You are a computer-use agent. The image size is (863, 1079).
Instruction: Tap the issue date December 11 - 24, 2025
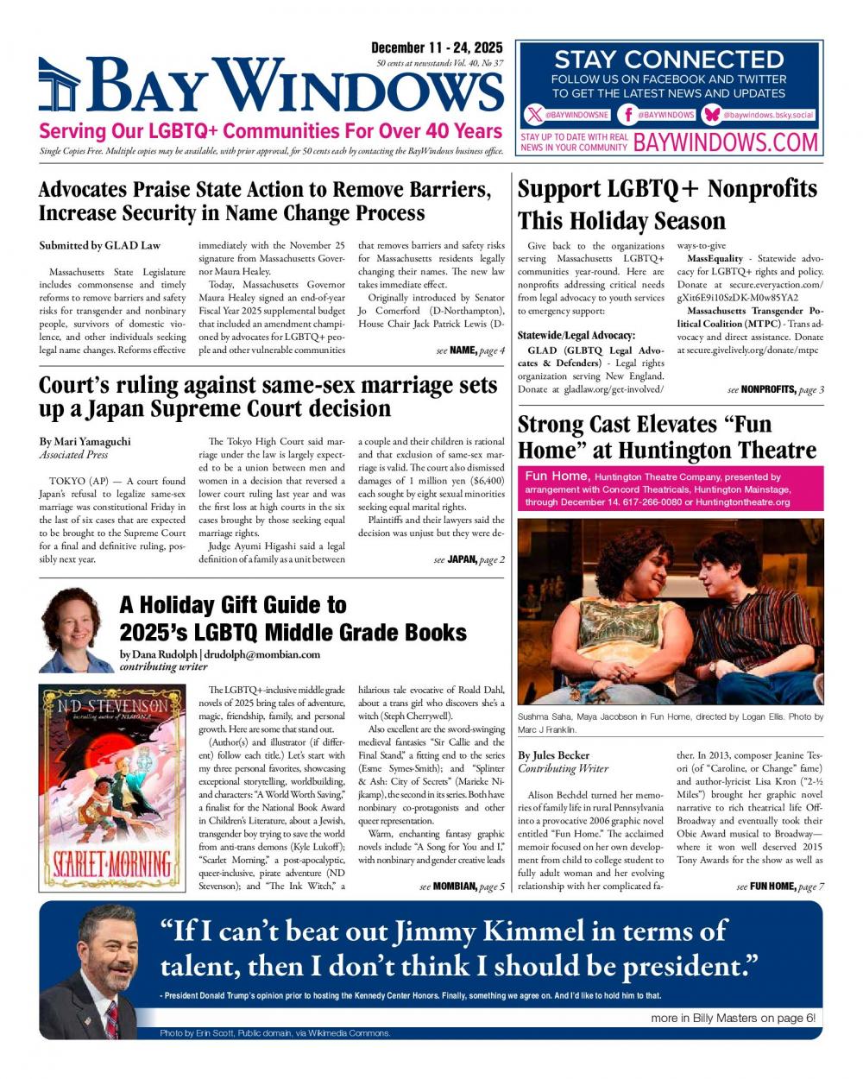click(437, 48)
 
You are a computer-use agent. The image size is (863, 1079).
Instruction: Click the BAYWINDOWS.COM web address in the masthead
click(725, 142)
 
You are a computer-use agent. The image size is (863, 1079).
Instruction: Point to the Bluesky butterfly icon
click(712, 115)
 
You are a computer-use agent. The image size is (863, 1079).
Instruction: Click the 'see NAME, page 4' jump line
click(470, 350)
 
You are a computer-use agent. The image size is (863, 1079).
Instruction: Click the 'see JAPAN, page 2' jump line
click(469, 559)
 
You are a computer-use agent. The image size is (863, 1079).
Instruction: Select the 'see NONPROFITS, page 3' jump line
click(775, 389)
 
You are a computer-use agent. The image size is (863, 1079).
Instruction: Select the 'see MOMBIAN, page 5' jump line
click(463, 887)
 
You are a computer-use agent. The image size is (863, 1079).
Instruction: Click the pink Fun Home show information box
click(670, 489)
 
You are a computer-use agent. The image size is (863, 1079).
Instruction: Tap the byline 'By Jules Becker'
click(553, 755)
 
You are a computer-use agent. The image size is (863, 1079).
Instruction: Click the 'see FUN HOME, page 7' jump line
click(780, 887)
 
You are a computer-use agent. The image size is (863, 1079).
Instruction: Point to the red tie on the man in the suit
click(111, 1019)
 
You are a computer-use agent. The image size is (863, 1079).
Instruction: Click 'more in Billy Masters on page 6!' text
click(733, 1018)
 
